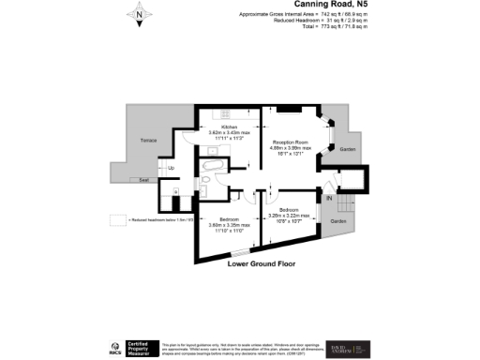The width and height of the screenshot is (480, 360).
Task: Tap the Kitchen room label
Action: pos(230,127)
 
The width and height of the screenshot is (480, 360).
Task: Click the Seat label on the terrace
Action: pos(144,179)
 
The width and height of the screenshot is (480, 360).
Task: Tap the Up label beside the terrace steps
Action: pos(171,169)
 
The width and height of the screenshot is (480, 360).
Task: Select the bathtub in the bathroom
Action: pos(212,167)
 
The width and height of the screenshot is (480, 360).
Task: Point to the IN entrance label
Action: pos(328,199)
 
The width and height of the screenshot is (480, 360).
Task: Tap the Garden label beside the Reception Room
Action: pos(347,150)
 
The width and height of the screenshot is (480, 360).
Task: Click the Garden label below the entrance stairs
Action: pos(337,222)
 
